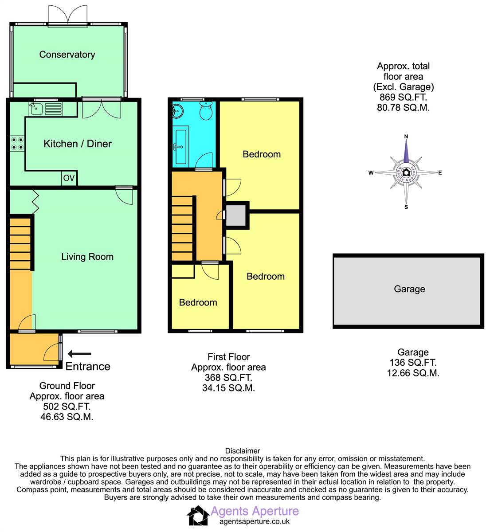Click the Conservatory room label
[67, 55]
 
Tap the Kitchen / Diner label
[78, 144]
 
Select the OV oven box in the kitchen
[69, 178]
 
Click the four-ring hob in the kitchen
[17, 144]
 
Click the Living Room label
[87, 257]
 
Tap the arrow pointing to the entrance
[79, 353]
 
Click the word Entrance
[88, 367]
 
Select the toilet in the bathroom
[206, 110]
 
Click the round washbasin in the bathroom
[177, 111]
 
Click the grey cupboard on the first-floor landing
[236, 215]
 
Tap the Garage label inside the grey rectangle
[409, 289]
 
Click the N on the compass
[406, 137]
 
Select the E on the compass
[440, 172]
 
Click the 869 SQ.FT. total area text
[403, 98]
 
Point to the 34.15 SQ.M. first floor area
[228, 388]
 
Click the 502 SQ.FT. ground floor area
[67, 407]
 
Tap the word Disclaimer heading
[243, 451]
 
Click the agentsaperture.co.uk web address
[255, 522]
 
